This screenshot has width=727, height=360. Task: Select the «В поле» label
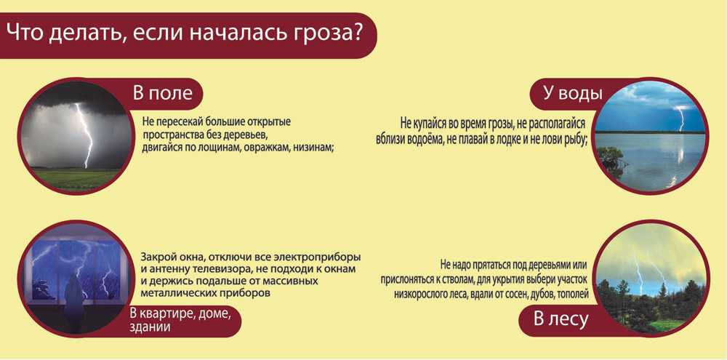162,93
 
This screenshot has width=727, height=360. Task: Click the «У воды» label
573,93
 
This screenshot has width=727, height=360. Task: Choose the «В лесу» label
561,319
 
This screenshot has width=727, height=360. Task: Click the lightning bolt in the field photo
86,135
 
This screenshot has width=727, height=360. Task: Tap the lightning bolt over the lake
680,117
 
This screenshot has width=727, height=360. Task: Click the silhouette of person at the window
73,297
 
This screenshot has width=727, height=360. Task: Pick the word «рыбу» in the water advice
575,140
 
